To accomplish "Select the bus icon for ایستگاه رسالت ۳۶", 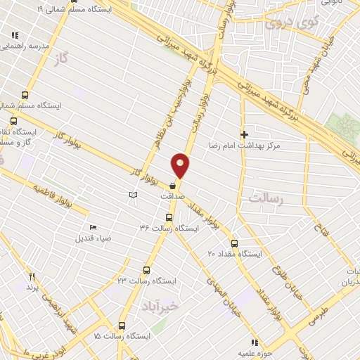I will coord(168,217).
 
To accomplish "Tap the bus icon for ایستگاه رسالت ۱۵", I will coord(122,326).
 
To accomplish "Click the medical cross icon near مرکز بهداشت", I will coord(244,134).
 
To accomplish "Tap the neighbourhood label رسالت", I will coord(264,200).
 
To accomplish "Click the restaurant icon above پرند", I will coord(31,276).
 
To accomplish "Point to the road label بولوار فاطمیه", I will coord(60,196).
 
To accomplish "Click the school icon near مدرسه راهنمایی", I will coord(15,34).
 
